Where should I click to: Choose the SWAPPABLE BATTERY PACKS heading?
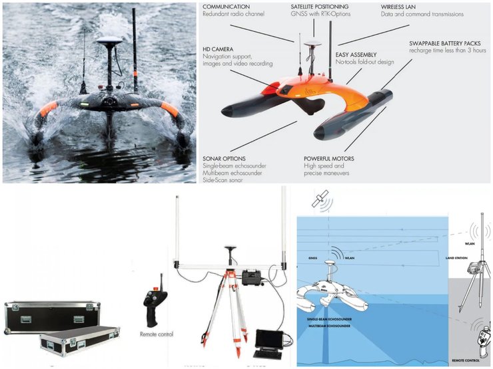pyautogui.click(x=446, y=43)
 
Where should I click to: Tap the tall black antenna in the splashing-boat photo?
pyautogui.click(x=134, y=47)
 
